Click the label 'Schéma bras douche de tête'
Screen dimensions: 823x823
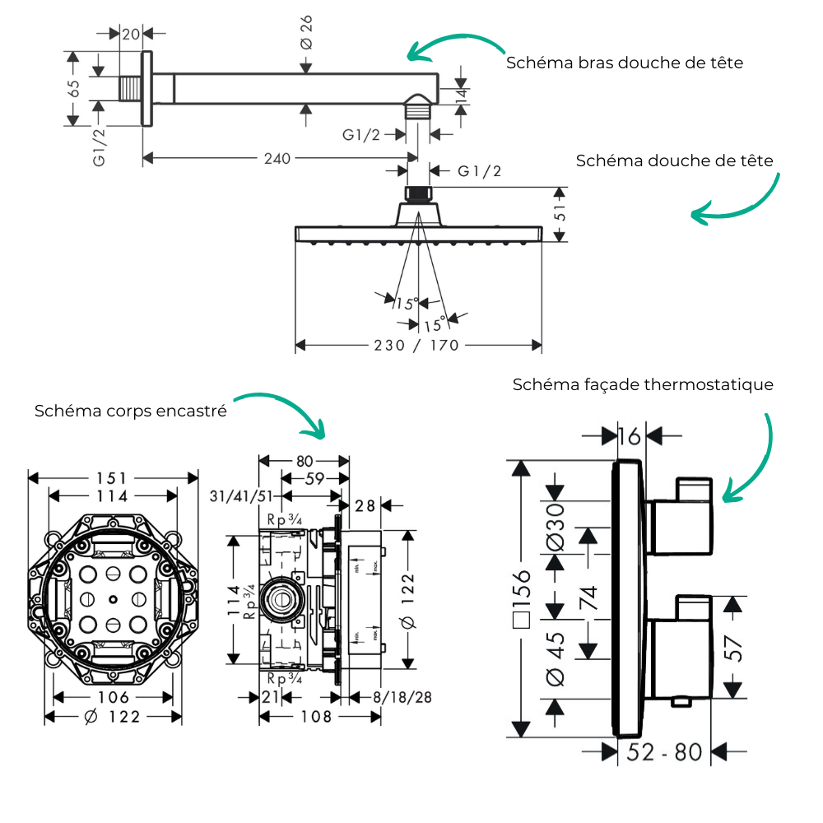625,63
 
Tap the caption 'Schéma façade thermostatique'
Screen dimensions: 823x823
643,384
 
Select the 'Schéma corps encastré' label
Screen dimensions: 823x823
131,411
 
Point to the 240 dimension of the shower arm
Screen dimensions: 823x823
277,158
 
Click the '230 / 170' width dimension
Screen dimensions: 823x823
416,346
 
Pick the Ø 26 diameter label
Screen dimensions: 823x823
306,33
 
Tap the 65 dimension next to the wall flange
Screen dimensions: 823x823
74,88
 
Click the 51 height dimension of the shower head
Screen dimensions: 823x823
560,212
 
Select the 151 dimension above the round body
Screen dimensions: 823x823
112,478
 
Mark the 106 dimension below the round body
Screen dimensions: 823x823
113,697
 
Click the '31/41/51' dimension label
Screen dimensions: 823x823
241,496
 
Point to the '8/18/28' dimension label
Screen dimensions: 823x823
402,697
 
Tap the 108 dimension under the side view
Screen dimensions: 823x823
316,717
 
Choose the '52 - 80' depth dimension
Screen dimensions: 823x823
664,752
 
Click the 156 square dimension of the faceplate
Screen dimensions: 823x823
522,598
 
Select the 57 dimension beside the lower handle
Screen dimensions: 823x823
733,648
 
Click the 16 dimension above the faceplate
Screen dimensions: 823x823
630,436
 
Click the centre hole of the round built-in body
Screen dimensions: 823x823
113,599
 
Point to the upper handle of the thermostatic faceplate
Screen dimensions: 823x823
679,516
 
